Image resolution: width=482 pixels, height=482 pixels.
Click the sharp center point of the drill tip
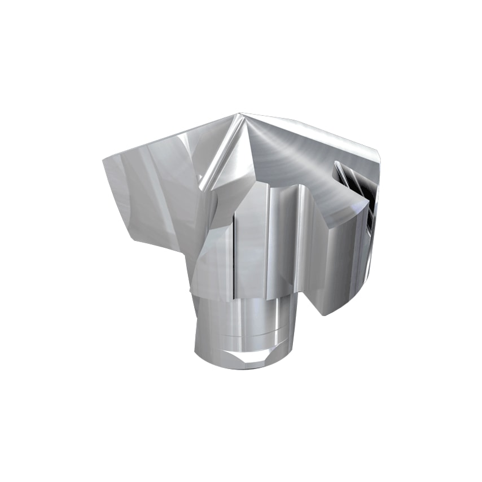pyautogui.click(x=239, y=114)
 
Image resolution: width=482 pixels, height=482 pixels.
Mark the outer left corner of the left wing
pyautogui.click(x=103, y=161)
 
